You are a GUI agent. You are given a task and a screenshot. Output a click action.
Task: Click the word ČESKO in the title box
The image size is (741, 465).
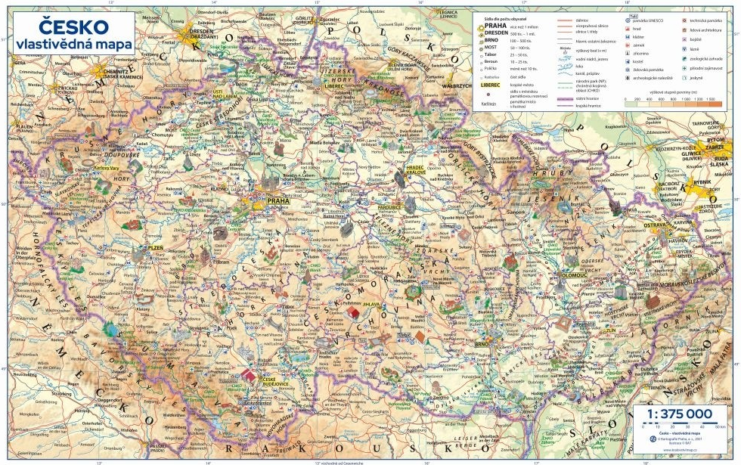point(62,28)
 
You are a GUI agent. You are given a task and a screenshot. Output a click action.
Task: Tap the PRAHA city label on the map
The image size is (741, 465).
point(278,201)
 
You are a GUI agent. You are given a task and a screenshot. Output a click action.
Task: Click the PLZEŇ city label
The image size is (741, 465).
point(155,247)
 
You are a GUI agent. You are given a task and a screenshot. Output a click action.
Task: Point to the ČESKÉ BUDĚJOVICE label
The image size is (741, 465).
point(268,381)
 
